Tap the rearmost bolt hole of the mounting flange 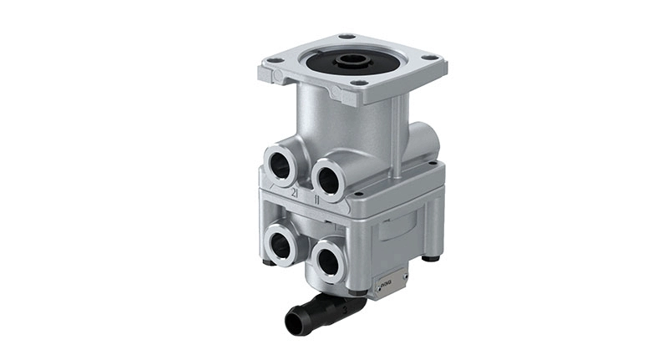347,37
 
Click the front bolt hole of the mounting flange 358,84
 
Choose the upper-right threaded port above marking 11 328,175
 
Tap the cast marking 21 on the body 294,192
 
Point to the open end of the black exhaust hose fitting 294,319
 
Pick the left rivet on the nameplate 379,288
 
